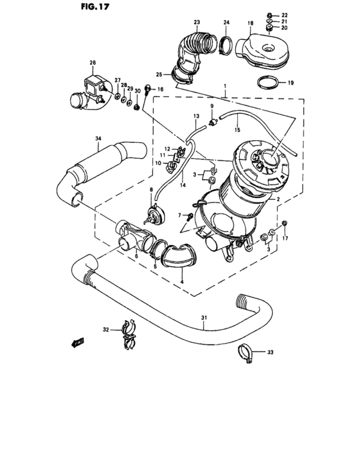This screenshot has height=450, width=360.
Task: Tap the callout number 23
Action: [197, 22]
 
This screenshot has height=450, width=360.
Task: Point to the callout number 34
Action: [98, 138]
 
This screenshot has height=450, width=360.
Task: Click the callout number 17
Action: [286, 239]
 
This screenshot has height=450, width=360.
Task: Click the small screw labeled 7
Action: [190, 216]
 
